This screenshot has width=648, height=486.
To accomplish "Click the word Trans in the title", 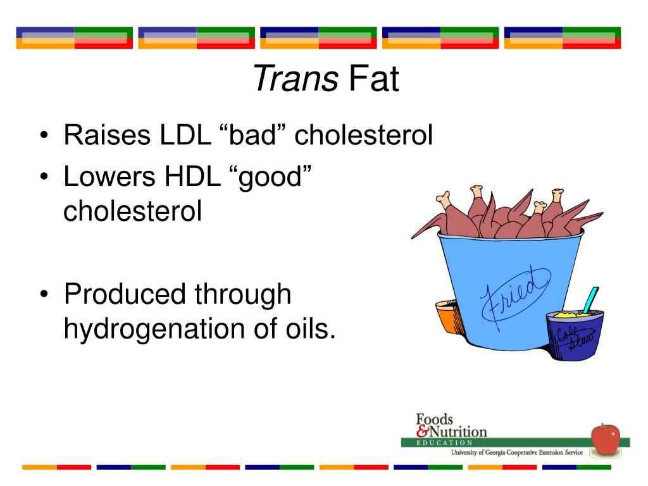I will point(295,80).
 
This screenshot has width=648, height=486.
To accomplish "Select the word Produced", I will point(126,295).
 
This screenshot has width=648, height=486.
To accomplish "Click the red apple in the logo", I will point(605,439).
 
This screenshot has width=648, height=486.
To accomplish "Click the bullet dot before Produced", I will point(44,296).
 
